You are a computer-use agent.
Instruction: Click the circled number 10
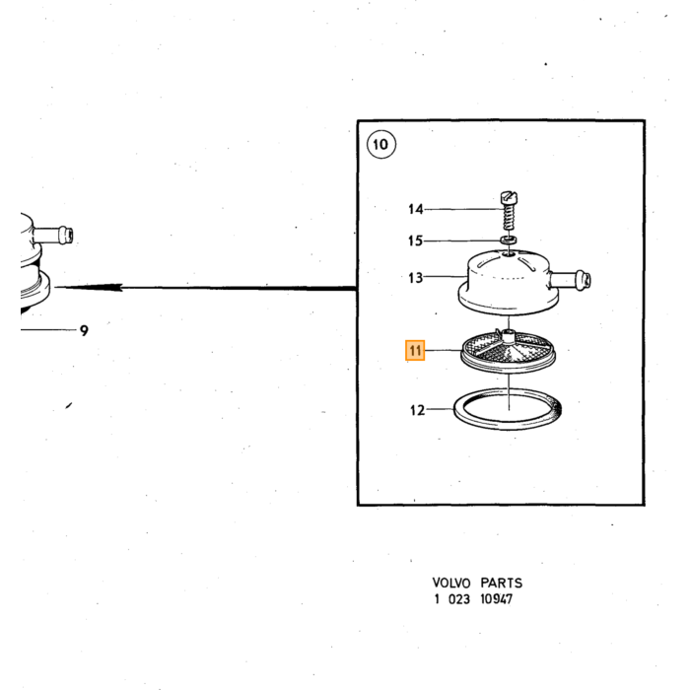[x=381, y=144]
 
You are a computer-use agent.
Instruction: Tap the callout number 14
[x=416, y=209]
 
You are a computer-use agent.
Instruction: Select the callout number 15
[x=415, y=241]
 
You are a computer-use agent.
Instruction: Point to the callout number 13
[x=415, y=278]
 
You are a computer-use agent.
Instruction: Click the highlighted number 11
[x=415, y=350]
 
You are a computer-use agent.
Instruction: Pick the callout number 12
[x=418, y=410]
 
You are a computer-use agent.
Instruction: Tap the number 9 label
[x=84, y=330]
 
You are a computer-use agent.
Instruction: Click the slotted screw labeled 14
[x=510, y=210]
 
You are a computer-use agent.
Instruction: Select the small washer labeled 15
[x=509, y=241]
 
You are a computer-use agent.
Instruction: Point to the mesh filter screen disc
[x=509, y=351]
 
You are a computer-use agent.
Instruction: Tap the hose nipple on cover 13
[x=570, y=280]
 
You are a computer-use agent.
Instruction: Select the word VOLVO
[x=451, y=583]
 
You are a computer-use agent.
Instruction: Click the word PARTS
[x=501, y=583]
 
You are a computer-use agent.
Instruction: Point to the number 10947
[x=497, y=599]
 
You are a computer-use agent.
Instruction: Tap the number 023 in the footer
[x=459, y=599]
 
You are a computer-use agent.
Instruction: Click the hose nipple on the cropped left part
[x=53, y=235]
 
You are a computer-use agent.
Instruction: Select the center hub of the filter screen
[x=509, y=337]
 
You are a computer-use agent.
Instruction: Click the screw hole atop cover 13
[x=510, y=253]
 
